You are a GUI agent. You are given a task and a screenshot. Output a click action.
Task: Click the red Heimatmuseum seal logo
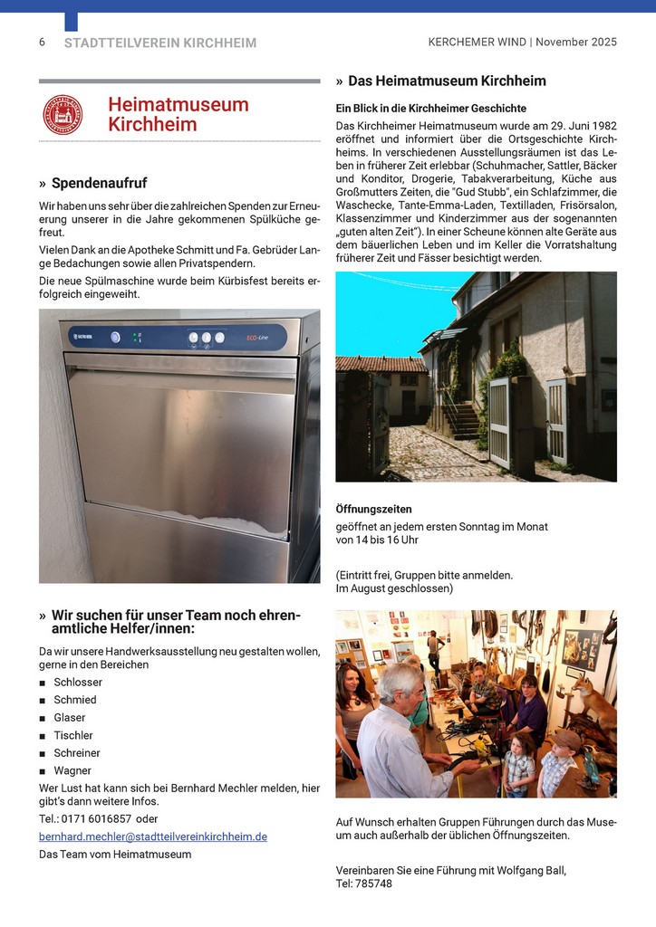63,115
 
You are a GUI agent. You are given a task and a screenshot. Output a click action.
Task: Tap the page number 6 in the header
42,43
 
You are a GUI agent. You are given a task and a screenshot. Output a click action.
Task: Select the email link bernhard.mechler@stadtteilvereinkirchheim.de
152,836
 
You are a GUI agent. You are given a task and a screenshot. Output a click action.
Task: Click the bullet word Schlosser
77,683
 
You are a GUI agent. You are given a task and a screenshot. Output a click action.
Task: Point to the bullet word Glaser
70,718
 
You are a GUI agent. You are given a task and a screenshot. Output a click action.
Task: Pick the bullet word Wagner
72,770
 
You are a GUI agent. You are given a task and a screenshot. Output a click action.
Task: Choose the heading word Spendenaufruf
99,184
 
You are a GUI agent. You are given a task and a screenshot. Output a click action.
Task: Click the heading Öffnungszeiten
373,509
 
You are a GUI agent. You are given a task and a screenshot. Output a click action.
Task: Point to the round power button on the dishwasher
115,338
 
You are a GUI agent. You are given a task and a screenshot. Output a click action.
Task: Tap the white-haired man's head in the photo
400,685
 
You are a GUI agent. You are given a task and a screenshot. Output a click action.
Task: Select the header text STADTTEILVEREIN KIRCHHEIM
160,43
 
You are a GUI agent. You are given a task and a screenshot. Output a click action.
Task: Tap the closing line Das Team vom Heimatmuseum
115,854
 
